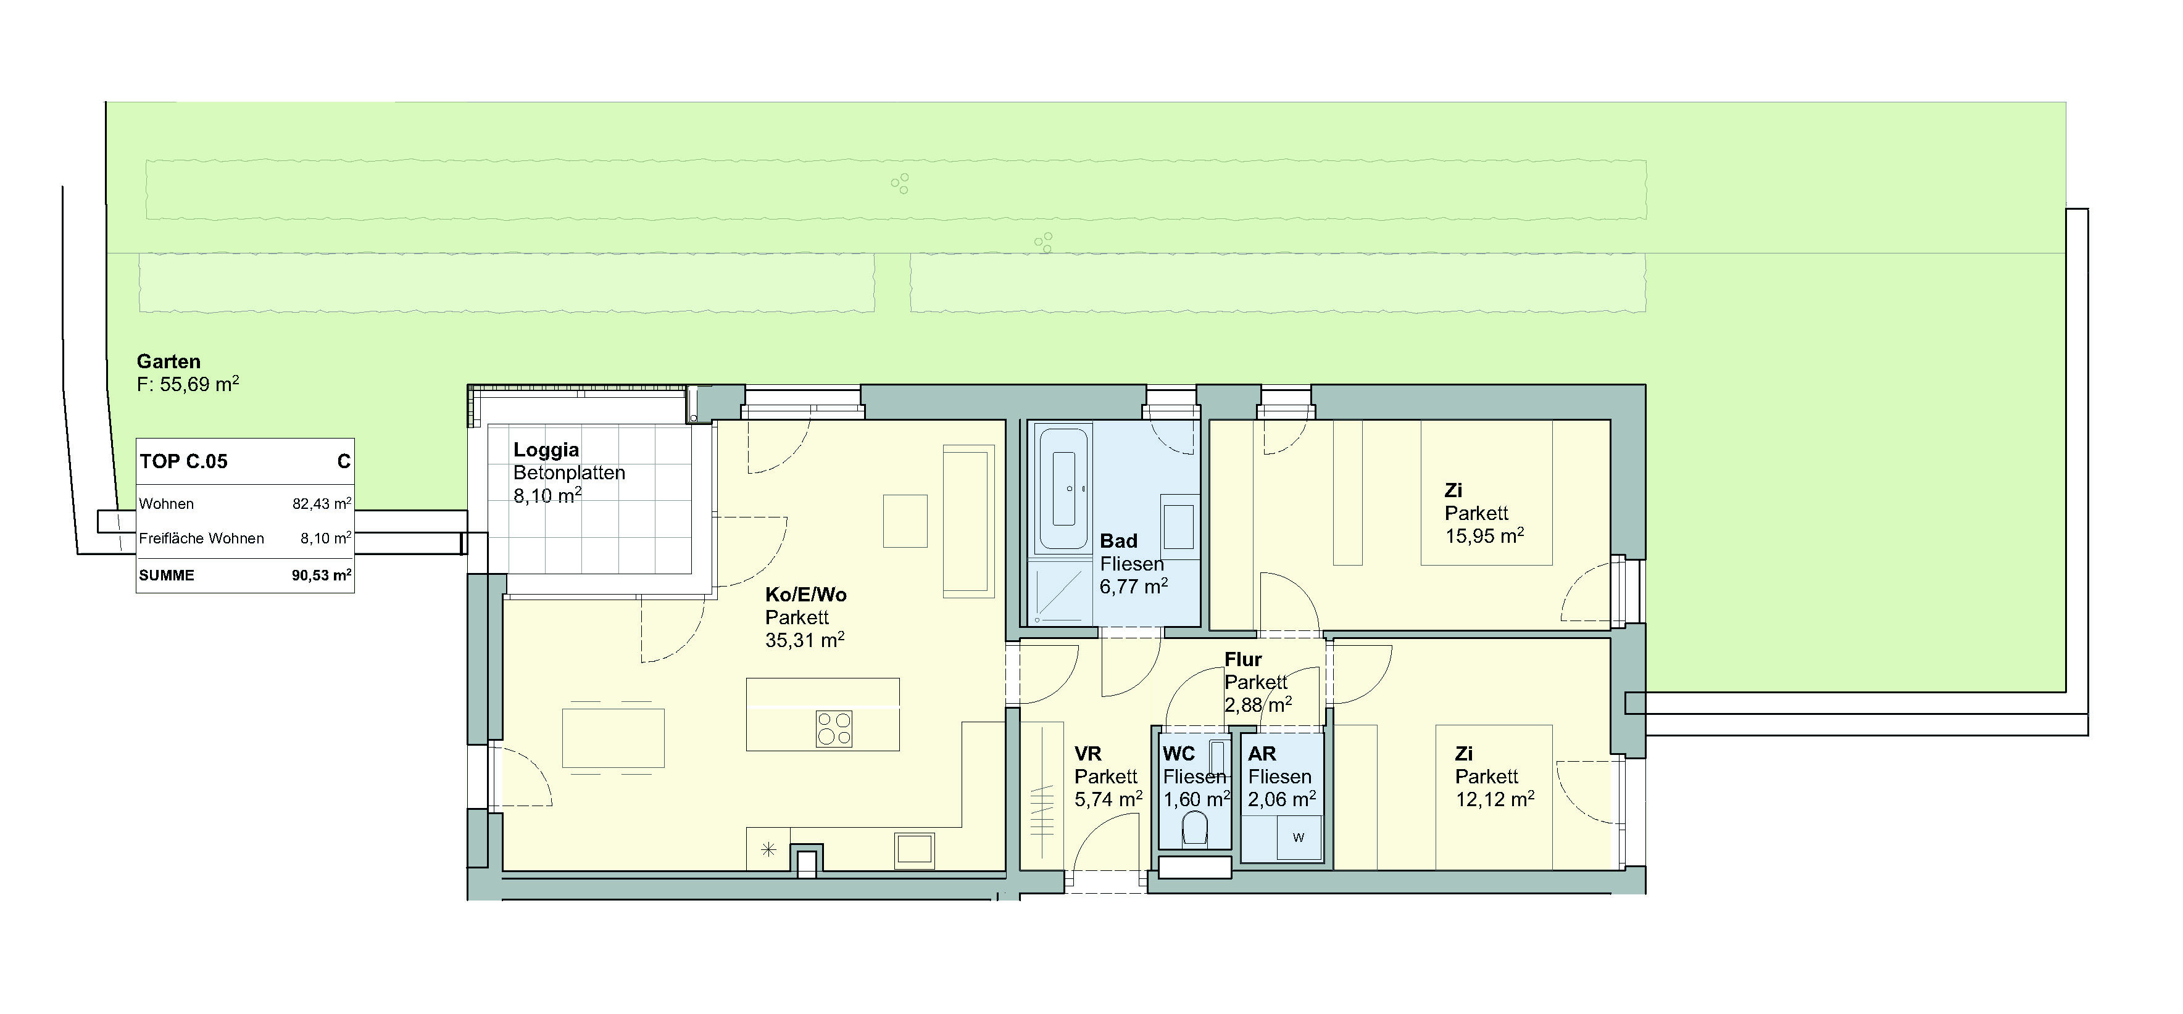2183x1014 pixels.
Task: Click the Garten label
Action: click(168, 361)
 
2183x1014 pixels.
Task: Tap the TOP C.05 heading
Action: click(184, 462)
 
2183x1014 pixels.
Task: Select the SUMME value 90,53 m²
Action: click(322, 575)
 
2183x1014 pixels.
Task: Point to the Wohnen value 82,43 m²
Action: click(322, 503)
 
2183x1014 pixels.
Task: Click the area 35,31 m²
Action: click(804, 640)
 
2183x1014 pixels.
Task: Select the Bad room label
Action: click(1118, 540)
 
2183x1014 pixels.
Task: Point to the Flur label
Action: click(1243, 659)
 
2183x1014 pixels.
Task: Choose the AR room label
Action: click(1262, 753)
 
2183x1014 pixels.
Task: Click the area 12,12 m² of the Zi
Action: click(1495, 799)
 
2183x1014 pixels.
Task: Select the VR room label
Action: click(1088, 753)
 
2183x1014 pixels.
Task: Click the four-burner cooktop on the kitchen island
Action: click(834, 728)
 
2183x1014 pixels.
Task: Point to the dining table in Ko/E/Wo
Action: click(613, 738)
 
